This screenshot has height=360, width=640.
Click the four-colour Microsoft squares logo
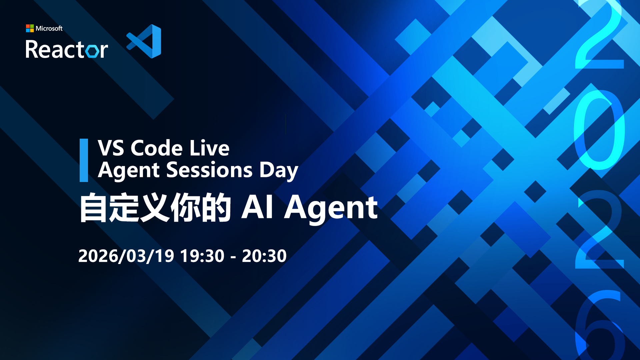click(30, 28)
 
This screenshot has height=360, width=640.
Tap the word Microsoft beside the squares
click(49, 29)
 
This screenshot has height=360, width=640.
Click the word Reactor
click(67, 49)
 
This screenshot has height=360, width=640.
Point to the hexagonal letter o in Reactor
click(92, 51)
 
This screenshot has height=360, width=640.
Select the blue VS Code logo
click(144, 41)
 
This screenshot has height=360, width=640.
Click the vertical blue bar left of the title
click(84, 160)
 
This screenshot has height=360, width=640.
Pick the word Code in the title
click(157, 148)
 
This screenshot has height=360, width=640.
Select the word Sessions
click(209, 170)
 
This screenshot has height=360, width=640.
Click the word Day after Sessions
click(279, 171)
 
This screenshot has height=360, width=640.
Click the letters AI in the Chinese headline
click(258, 207)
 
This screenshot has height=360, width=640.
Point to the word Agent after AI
click(331, 209)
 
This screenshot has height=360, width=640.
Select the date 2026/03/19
click(126, 256)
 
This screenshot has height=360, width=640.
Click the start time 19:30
click(202, 256)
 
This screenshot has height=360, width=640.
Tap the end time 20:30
click(264, 256)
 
